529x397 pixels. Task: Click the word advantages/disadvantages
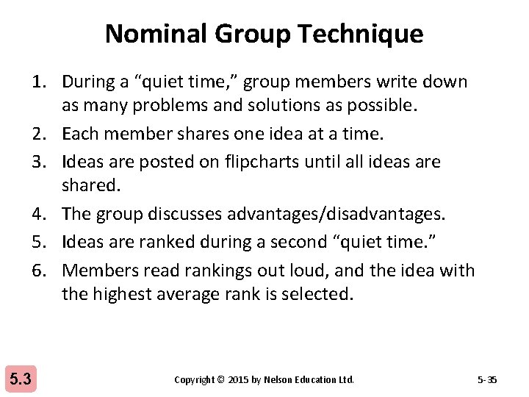pyautogui.click(x=332, y=214)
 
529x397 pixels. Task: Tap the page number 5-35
pyautogui.click(x=487, y=380)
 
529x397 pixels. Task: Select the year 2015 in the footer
pyautogui.click(x=238, y=380)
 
